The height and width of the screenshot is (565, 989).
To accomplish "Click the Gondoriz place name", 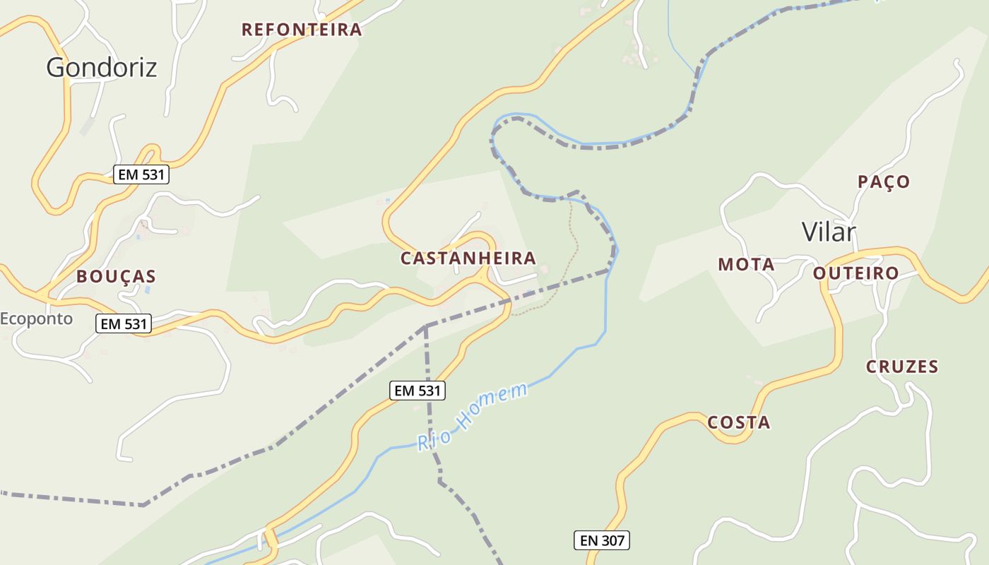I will click(x=101, y=67).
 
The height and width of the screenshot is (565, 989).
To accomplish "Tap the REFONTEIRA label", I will click(x=302, y=30).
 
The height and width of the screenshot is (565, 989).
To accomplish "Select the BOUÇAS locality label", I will click(x=116, y=276).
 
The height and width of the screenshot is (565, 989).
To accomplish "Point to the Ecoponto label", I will click(x=36, y=319).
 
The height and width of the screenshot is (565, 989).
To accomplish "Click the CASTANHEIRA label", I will click(x=468, y=258).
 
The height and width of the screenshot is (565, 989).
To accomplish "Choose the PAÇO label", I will click(x=884, y=182).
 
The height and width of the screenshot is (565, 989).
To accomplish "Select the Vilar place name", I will click(x=829, y=232).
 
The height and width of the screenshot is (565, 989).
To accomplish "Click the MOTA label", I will click(x=746, y=265).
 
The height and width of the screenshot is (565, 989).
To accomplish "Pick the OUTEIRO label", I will click(x=855, y=273).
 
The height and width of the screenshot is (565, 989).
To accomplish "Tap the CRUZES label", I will click(x=902, y=367).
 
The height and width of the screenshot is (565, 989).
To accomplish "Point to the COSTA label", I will click(x=738, y=422).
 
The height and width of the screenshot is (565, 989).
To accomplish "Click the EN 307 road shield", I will click(x=600, y=541).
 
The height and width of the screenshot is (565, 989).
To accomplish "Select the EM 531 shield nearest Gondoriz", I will click(x=141, y=174).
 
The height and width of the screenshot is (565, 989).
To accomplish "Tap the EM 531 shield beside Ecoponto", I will click(x=124, y=324).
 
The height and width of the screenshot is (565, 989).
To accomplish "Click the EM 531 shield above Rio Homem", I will click(x=417, y=390).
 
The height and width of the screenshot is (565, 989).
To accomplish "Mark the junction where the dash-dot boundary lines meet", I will click(x=425, y=326).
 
